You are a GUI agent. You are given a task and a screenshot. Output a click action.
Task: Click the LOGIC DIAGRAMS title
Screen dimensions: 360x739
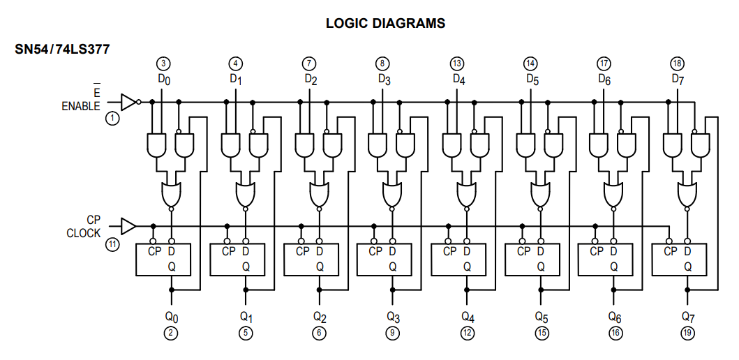(x=385, y=23)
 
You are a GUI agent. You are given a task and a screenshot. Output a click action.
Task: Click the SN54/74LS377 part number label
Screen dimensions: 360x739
(x=62, y=50)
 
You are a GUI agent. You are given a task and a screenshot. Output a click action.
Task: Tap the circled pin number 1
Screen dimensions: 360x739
(x=112, y=119)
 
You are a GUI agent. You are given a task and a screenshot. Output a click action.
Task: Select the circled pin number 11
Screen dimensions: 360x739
(x=112, y=244)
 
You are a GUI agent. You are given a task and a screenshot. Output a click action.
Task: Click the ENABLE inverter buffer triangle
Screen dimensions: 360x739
(x=129, y=102)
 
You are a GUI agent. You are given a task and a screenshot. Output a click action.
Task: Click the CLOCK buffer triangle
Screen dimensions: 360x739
(x=128, y=226)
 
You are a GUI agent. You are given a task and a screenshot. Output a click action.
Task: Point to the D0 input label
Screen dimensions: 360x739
(x=163, y=79)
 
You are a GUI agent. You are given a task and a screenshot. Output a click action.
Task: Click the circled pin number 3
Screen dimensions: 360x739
(x=163, y=63)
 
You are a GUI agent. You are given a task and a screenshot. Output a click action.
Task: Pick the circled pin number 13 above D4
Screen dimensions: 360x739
(x=457, y=63)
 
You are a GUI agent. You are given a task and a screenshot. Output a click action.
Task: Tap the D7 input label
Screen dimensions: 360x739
(x=678, y=79)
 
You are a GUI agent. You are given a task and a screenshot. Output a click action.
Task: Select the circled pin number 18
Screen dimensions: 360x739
(x=677, y=63)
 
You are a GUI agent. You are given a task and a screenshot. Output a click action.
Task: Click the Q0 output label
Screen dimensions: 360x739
(x=171, y=317)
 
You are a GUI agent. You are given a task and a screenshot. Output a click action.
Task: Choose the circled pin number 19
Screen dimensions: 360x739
(x=688, y=333)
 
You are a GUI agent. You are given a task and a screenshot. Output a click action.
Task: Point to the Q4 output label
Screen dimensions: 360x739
(x=467, y=317)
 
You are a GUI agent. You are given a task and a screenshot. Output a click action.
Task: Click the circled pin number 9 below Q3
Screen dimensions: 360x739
(x=392, y=333)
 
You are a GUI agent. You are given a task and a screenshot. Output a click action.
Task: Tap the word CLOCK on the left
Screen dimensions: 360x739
(x=84, y=234)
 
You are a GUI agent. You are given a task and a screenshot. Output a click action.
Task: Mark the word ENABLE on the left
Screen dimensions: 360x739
(x=81, y=107)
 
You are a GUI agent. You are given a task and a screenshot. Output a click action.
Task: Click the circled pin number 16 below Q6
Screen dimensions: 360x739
(x=615, y=333)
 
